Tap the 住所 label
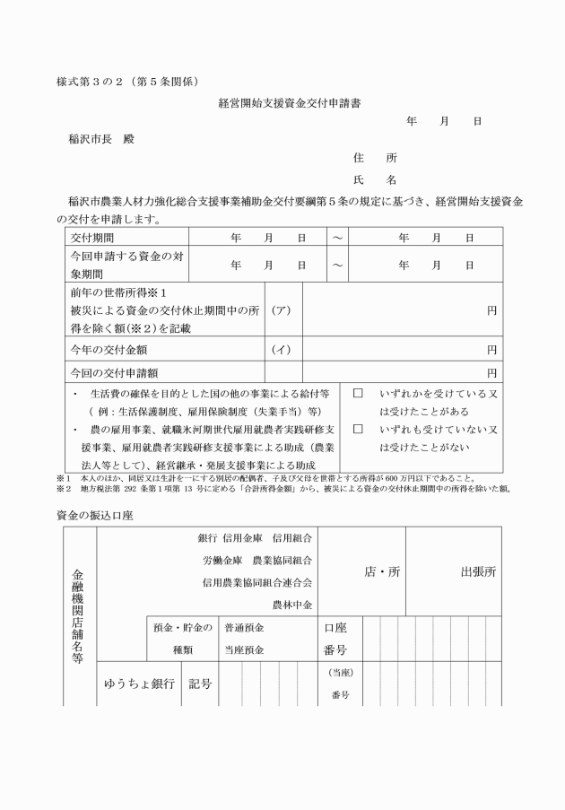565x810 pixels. tap(375, 158)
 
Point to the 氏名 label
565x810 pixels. tap(375, 179)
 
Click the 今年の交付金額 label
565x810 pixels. tap(105, 349)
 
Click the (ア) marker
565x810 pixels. tap(281, 309)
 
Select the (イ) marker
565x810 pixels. tap(281, 349)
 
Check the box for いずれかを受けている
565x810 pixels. tap(358, 394)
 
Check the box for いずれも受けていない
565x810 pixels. tap(358, 429)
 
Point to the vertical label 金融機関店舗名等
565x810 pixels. tap(79, 614)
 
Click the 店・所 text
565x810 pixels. tap(382, 571)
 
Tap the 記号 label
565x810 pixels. tap(200, 684)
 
